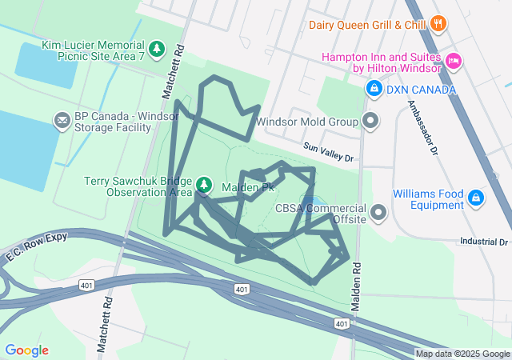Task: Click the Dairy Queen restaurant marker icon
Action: pos(437,24)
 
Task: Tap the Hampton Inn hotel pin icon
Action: pos(454,60)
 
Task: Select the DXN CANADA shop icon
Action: pos(373,89)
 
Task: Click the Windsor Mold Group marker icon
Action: pos(370,122)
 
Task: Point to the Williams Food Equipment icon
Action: pos(476,197)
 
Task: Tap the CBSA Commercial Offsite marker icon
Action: pos(378,212)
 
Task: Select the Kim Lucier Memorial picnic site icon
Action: pos(157,49)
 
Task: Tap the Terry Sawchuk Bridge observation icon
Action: pos(204,186)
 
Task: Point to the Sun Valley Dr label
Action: pos(328,151)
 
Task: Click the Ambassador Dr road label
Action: pos(423,127)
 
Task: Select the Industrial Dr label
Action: pos(484,241)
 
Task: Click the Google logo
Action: pos(26,350)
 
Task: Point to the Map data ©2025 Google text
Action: pos(462,354)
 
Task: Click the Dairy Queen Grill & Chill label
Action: pos(367,25)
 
